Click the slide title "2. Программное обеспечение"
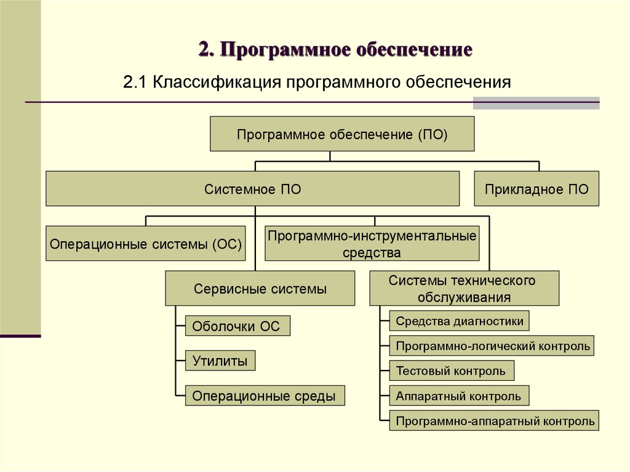[335, 50]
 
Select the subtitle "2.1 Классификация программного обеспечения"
[317, 82]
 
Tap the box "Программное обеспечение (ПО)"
[342, 134]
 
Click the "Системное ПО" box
[252, 188]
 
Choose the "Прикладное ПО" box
[536, 188]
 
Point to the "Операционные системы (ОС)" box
[145, 243]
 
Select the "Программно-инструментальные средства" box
[372, 243]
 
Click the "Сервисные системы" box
[260, 288]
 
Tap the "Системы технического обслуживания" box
[464, 288]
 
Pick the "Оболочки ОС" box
[237, 326]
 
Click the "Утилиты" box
[220, 361]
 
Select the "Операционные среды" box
[265, 396]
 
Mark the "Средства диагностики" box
[459, 321]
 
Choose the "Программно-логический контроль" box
[492, 345]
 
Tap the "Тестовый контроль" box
[452, 370]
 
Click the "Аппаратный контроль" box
[459, 396]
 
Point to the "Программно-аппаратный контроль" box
[494, 420]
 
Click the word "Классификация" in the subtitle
[217, 82]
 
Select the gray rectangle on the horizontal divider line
[536, 103]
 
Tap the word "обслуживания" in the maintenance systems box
[464, 297]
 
